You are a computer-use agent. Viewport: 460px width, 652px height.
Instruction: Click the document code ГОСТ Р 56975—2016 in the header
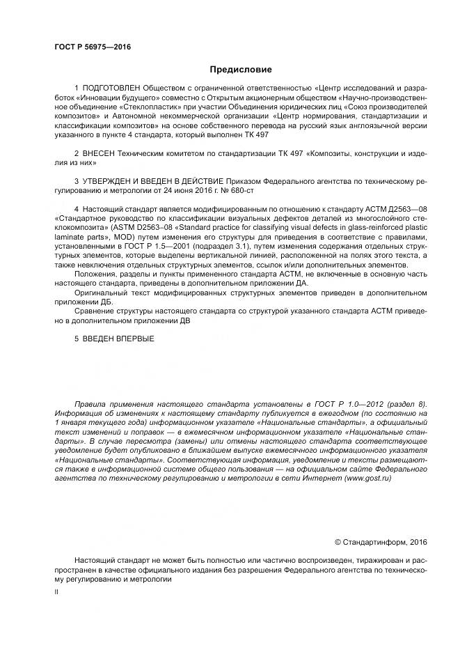pos(93,47)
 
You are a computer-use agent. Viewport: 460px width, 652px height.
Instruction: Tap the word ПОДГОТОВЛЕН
pos(111,88)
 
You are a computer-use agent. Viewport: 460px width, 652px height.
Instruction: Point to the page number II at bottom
pos(57,591)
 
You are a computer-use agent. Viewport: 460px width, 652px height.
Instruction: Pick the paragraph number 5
pos(77,339)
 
